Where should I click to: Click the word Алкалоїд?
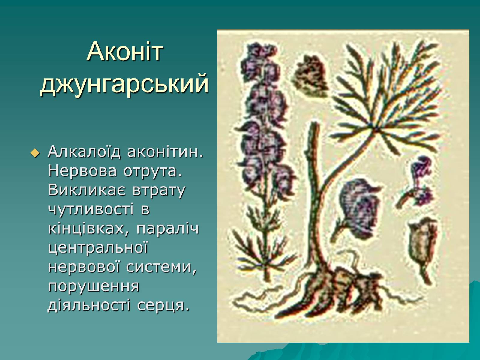[x=84, y=151]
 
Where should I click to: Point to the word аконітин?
[x=165, y=151]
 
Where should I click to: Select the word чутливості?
[x=91, y=209]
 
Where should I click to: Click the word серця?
[x=163, y=306]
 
